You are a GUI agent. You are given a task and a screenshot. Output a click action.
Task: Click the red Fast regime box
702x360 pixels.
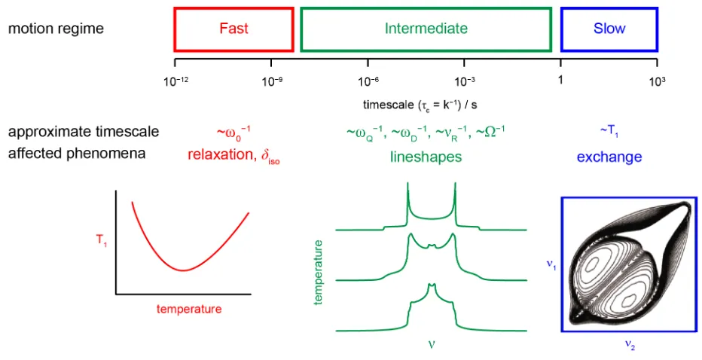coord(233,8)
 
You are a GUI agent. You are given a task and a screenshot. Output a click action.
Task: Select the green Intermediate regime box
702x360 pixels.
coord(426,8)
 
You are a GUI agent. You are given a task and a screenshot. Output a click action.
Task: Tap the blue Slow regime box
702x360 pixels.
coord(609,8)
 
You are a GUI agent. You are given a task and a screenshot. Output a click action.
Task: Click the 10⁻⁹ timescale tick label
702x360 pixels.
coord(272,81)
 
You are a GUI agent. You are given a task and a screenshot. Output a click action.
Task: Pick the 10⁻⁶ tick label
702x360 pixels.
coord(369,81)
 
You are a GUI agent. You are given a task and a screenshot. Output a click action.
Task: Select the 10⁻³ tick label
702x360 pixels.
coord(465,81)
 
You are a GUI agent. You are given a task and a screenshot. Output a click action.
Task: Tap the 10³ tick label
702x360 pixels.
coord(657,81)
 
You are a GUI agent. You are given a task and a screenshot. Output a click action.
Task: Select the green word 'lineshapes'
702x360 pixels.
coord(426,157)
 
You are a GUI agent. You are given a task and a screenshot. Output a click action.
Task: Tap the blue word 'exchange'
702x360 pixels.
coord(609,157)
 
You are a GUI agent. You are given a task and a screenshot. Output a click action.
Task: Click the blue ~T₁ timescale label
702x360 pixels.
coord(609,131)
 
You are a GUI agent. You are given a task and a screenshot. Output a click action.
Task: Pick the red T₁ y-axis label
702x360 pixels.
coord(102,240)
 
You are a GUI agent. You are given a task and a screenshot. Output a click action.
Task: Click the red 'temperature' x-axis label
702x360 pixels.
coord(189,310)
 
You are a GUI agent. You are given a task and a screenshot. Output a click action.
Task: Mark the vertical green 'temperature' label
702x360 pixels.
coord(319,273)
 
